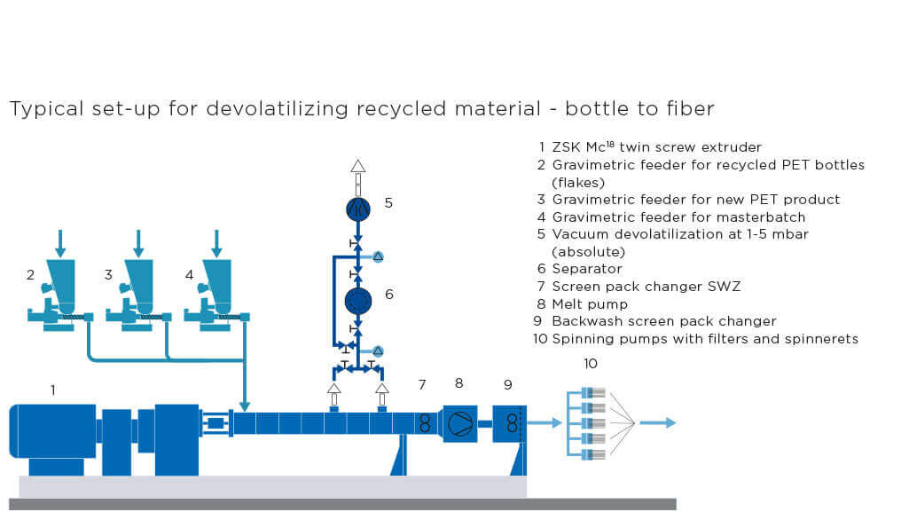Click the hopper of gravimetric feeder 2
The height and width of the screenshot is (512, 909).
(60, 280)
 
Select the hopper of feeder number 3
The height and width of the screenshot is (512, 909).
(138, 280)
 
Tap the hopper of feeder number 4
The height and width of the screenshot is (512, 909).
(216, 280)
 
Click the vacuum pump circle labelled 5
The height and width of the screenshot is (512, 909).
(358, 209)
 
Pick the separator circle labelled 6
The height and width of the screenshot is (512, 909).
(358, 301)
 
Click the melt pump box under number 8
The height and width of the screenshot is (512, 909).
(460, 423)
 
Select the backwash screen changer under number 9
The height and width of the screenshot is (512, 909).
(510, 423)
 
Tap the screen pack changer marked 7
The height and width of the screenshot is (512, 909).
(425, 423)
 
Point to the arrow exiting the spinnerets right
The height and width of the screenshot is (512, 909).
(657, 422)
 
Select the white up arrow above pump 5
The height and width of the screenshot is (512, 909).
(357, 168)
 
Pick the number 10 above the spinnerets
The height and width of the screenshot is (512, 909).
(591, 364)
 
